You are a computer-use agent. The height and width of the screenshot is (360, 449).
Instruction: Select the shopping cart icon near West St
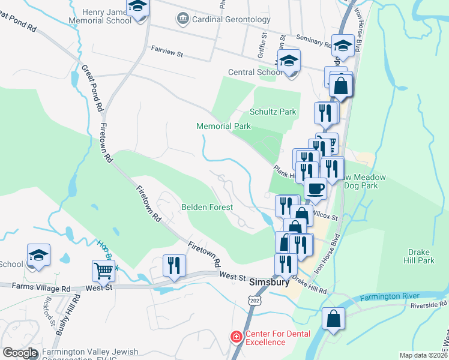(103, 271)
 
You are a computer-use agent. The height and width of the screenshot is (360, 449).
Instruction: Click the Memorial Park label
(223, 126)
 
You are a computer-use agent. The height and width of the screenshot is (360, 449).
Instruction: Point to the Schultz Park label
(273, 112)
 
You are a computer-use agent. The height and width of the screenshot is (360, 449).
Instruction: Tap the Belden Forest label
(206, 207)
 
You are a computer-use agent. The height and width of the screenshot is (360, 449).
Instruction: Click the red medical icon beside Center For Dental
(235, 337)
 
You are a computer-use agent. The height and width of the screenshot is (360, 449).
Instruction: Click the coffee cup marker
(315, 189)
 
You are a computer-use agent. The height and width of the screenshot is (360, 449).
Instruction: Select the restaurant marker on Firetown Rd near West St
(175, 265)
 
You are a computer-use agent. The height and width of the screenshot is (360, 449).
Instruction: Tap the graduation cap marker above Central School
(289, 61)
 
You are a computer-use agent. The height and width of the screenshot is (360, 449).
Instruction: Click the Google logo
(20, 353)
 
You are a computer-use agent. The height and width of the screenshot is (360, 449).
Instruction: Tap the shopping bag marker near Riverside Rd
(333, 319)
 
